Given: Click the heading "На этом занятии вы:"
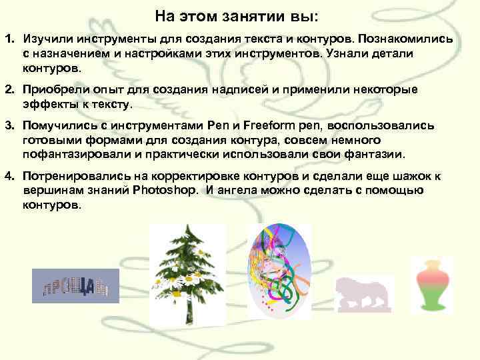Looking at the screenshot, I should pos(237,15).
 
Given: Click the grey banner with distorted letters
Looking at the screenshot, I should pos(75,286).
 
